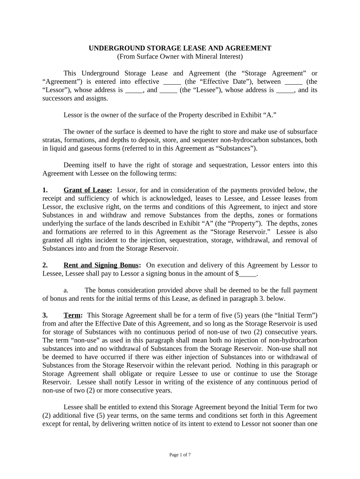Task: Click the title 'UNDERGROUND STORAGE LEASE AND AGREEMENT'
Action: (x=180, y=48)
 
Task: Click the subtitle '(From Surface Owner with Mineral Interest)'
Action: (x=180, y=57)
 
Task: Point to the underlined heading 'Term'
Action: (x=72, y=316)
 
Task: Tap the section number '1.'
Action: (x=45, y=190)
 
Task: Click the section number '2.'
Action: (x=45, y=265)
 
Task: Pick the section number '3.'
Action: (x=45, y=316)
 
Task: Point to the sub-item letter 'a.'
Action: (x=67, y=290)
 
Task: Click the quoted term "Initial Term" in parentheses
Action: (x=297, y=316)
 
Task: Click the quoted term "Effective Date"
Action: (x=227, y=82)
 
